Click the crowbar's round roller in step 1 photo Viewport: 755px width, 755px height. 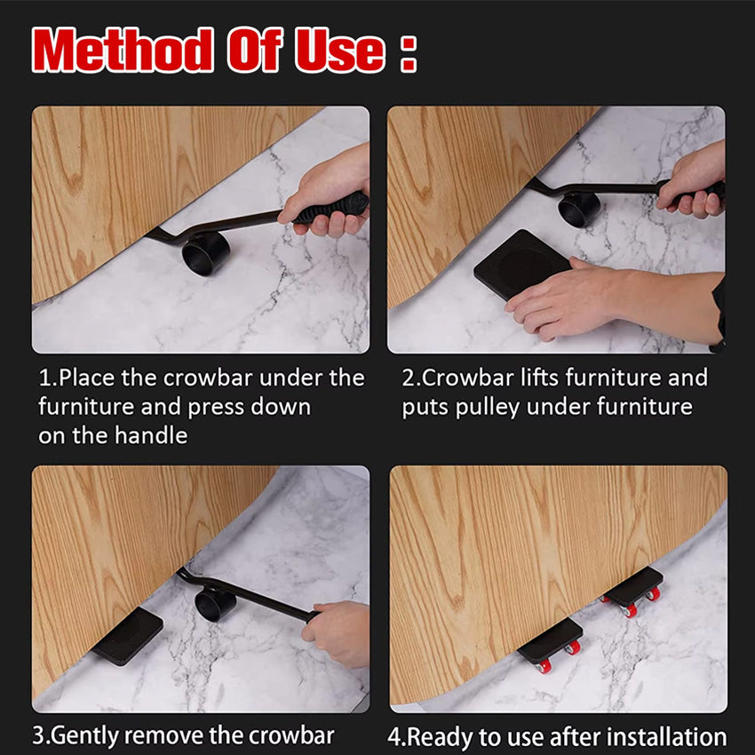pos(206,252)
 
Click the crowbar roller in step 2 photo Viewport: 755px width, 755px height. pos(579,209)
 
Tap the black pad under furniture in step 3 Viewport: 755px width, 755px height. pos(127,636)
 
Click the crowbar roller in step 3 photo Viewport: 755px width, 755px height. pos(216,604)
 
